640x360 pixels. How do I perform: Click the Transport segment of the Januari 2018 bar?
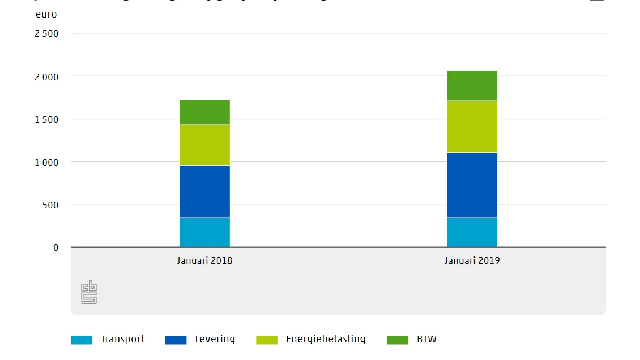204,233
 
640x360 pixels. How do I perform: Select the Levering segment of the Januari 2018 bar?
204,191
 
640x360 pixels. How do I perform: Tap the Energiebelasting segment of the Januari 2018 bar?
204,145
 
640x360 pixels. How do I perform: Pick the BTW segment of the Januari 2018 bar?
204,112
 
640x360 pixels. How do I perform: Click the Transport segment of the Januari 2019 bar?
472,233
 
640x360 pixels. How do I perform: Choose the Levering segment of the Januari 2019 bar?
472,185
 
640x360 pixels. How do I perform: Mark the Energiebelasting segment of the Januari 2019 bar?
472,127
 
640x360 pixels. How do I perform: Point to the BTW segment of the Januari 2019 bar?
472,85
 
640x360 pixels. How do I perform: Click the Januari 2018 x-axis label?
204,261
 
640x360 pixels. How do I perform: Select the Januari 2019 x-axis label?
472,261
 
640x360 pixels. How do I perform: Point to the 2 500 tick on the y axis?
46,33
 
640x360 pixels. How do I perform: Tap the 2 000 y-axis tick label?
46,76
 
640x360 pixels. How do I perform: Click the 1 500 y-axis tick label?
46,119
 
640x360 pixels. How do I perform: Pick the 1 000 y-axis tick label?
46,162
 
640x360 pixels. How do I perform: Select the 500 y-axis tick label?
50,205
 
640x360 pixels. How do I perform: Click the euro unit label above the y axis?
46,14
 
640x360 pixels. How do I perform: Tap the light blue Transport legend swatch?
81,340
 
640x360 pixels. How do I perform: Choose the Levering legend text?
215,340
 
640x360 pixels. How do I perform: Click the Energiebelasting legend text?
326,340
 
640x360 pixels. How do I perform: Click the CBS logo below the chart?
89,292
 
